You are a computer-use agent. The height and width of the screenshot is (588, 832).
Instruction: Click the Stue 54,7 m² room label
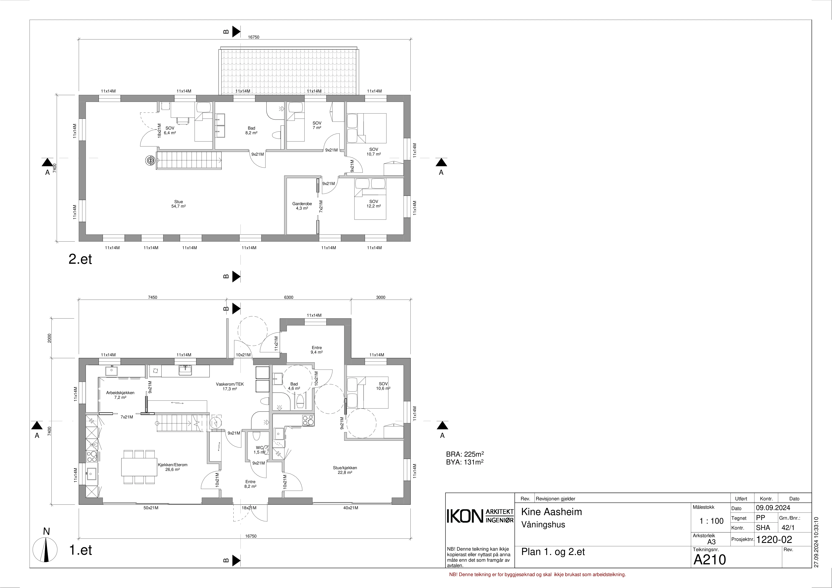179,204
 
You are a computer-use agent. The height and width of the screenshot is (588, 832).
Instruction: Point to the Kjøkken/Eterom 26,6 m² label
173,467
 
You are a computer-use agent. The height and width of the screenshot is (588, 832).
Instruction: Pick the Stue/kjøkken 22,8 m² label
345,470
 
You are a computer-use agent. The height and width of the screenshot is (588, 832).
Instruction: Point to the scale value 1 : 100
711,521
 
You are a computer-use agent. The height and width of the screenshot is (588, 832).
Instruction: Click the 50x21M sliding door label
151,508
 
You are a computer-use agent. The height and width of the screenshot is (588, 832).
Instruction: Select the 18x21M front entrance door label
249,508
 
